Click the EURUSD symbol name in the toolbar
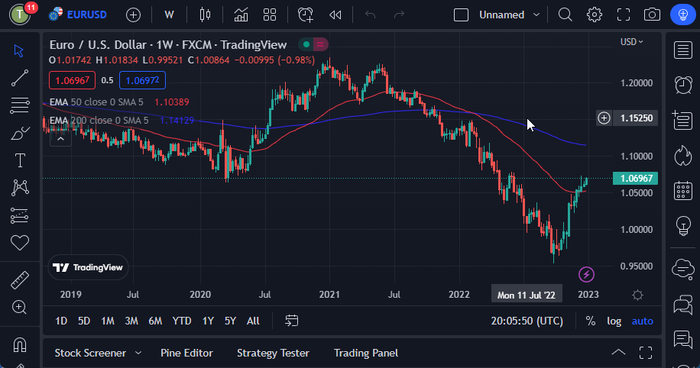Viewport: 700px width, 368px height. (x=86, y=15)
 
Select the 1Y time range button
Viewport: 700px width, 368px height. (x=208, y=321)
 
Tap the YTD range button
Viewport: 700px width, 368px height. (x=182, y=321)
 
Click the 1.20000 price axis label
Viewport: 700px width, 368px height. (x=636, y=82)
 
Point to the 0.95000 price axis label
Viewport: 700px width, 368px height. (x=636, y=266)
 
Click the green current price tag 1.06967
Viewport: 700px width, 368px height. (x=636, y=178)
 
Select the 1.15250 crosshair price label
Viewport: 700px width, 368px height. (x=636, y=118)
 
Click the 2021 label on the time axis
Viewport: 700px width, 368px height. (x=329, y=294)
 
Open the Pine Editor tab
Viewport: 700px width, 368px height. (x=186, y=353)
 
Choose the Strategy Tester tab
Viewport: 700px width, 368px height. (x=273, y=353)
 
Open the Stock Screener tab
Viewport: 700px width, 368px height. (x=90, y=353)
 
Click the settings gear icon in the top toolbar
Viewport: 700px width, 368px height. (x=594, y=15)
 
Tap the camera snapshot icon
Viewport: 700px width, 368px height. (x=652, y=15)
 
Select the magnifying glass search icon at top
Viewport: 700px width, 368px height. (x=565, y=15)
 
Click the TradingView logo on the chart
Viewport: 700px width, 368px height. (x=88, y=267)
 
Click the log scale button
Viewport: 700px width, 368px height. (x=614, y=321)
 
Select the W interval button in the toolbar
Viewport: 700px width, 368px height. (x=169, y=15)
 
